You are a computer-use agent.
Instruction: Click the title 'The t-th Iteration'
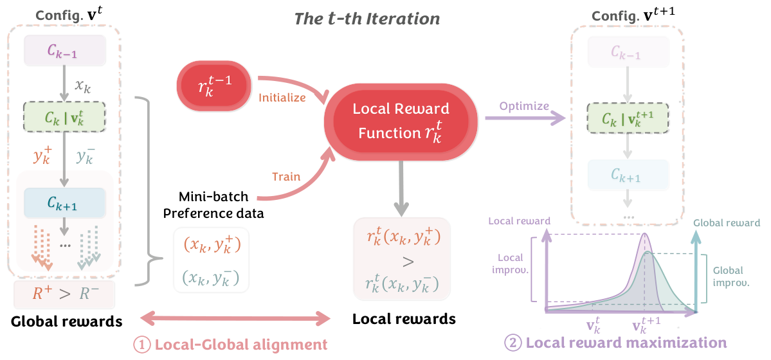point(367,18)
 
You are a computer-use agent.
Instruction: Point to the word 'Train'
point(286,176)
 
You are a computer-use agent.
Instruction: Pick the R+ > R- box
point(64,295)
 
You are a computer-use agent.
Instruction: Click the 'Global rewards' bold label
point(66,320)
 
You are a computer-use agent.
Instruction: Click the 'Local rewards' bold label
point(404,319)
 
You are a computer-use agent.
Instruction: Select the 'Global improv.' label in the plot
point(728,276)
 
